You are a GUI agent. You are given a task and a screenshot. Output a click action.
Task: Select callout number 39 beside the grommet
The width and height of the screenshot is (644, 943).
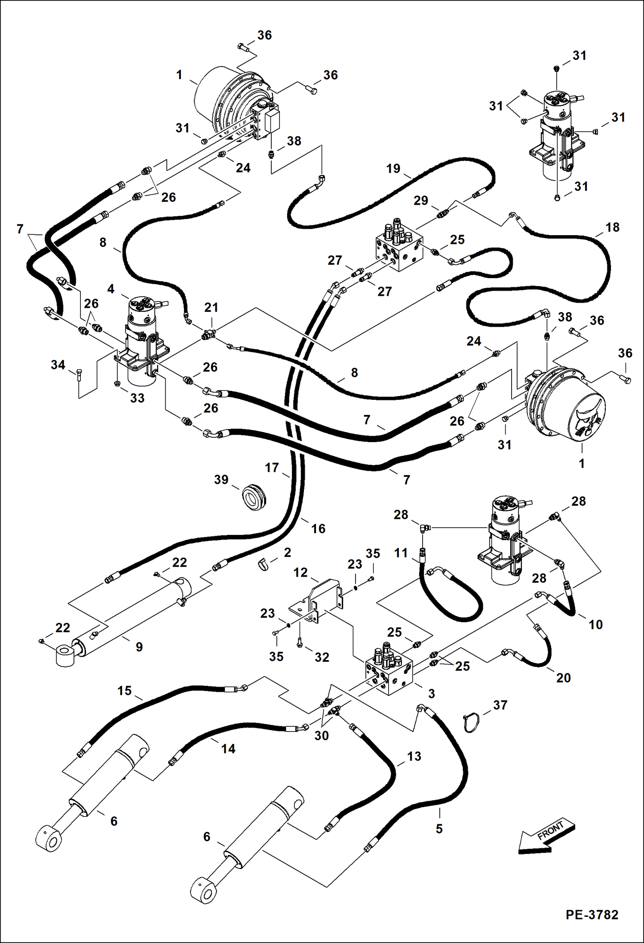(221, 479)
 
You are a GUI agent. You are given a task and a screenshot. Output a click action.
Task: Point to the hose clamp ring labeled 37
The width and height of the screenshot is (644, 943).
(473, 723)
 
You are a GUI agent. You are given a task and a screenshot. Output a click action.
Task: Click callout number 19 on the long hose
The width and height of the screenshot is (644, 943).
(393, 169)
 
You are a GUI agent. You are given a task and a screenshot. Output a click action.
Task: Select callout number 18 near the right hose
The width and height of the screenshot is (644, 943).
(612, 227)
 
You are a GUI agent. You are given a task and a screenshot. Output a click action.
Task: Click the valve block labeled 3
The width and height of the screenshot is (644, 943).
(389, 673)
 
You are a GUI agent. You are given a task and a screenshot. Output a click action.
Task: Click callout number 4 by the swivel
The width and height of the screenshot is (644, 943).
(111, 289)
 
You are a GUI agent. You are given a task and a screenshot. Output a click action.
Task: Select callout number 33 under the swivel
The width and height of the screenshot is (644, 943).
(137, 398)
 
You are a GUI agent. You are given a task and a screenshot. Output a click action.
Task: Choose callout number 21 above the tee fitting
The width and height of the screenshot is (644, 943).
(211, 307)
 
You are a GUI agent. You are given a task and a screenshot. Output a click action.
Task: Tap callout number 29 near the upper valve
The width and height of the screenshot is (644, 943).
(421, 200)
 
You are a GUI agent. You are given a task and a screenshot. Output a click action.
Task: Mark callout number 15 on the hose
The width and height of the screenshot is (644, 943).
(124, 691)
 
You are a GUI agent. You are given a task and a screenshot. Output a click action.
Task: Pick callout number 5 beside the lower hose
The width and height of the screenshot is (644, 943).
(439, 828)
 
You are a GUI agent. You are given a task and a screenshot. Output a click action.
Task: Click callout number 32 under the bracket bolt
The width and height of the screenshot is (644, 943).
(322, 657)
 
